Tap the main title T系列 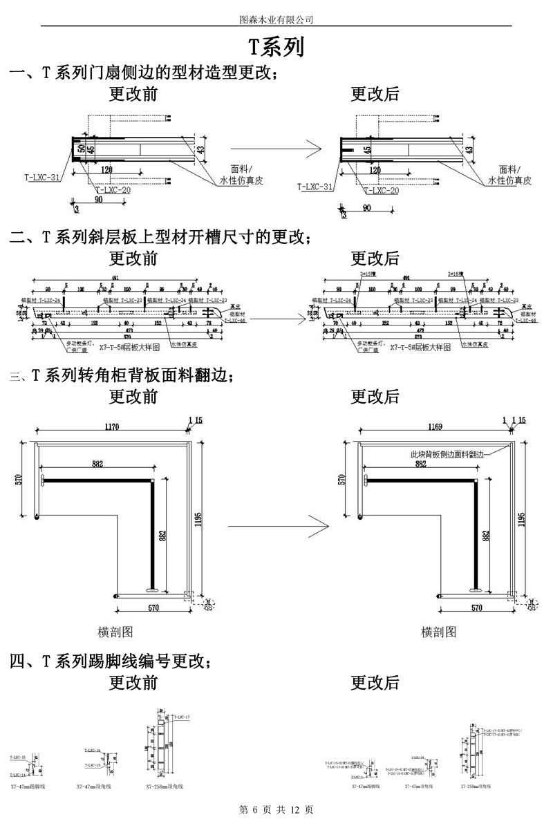pyautogui.click(x=276, y=47)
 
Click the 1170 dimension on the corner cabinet pyautogui.click(x=112, y=427)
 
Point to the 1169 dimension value pyautogui.click(x=434, y=427)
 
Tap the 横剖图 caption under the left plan pyautogui.click(x=115, y=631)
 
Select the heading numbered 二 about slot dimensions pyautogui.click(x=159, y=238)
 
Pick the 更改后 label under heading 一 pyautogui.click(x=375, y=94)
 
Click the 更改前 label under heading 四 pyautogui.click(x=133, y=683)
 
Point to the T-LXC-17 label pyautogui.click(x=182, y=717)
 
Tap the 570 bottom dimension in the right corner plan pyautogui.click(x=477, y=608)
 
